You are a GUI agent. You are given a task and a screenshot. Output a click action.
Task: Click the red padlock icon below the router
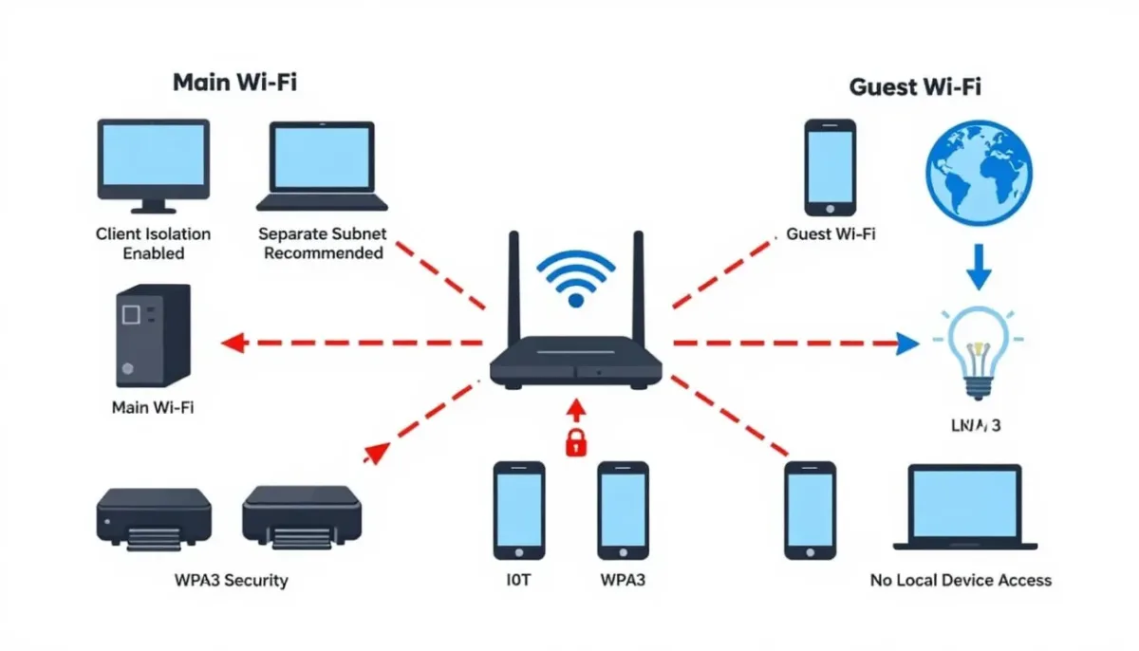[x=575, y=442]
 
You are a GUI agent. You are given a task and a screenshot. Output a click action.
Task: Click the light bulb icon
[x=978, y=351]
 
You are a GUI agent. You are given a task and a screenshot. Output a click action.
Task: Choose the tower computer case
[x=152, y=335]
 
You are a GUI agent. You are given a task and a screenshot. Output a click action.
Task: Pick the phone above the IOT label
[x=519, y=510]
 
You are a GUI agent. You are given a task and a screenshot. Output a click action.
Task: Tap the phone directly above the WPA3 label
[x=623, y=510]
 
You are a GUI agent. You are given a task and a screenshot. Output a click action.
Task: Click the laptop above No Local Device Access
[x=963, y=507]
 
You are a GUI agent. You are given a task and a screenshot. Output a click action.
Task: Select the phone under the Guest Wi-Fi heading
[x=830, y=167]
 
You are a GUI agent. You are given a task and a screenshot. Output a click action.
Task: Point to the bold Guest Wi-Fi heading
[x=914, y=87]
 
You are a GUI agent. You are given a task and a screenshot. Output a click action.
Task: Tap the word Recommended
[x=323, y=253]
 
